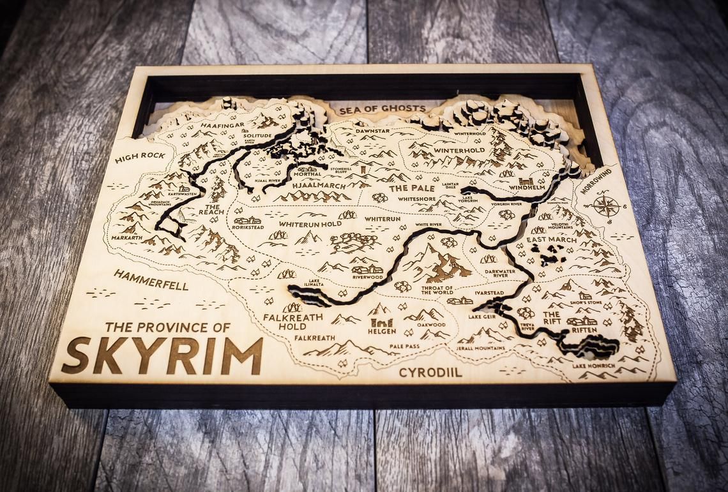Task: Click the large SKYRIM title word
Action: [x=163, y=355]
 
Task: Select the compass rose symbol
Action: [x=603, y=206]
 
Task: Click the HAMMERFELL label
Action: [x=151, y=280]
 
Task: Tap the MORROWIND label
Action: [x=597, y=181]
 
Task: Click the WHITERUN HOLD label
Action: [x=310, y=224]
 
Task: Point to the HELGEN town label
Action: [x=382, y=331]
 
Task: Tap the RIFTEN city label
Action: [x=583, y=330]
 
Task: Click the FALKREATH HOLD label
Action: [x=285, y=321]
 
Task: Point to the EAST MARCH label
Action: [x=547, y=240]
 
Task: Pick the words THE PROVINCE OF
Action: [x=167, y=327]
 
